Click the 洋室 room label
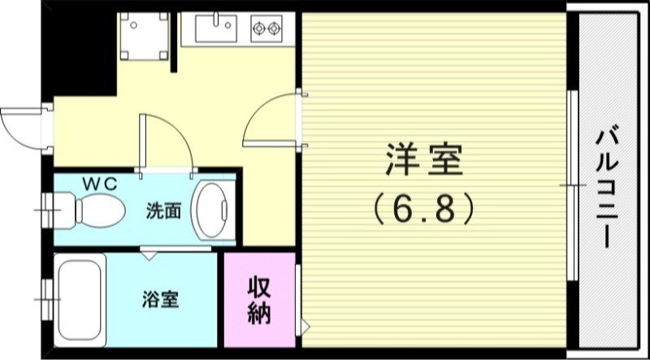(423, 159)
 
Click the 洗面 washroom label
(163, 210)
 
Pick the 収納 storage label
(259, 300)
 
